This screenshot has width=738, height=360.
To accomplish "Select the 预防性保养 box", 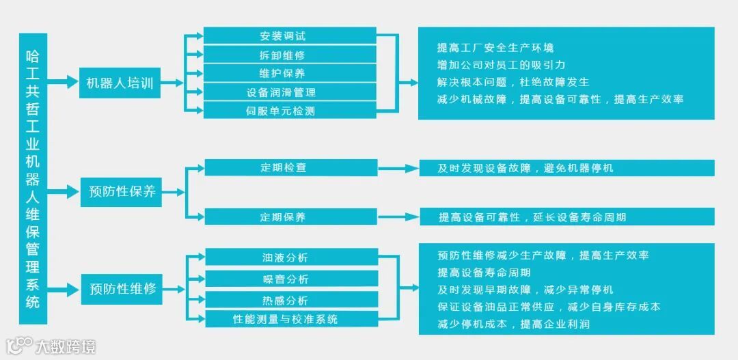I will tap(122, 192).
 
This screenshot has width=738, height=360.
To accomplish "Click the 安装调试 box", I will tap(290, 36).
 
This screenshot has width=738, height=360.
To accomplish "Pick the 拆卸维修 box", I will tap(290, 54).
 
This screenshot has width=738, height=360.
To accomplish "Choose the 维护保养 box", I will tap(290, 73).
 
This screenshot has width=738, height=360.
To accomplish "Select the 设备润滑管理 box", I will tap(290, 92).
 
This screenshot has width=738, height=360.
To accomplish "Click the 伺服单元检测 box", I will tap(290, 110).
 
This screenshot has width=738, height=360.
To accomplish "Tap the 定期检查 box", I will tap(290, 167).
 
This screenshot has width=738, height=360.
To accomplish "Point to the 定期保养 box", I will tap(290, 217).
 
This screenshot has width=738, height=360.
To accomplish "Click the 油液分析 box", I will tap(291, 258).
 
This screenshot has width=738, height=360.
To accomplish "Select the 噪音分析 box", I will tap(291, 279).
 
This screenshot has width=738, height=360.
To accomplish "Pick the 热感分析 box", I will tap(291, 300).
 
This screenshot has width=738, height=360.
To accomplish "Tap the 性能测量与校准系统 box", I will tap(291, 319).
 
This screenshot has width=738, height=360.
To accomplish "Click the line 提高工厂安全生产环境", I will tap(495, 48).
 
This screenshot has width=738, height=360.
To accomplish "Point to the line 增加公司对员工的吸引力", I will tap(501, 65).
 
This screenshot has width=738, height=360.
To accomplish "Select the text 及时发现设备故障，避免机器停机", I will tap(525, 167).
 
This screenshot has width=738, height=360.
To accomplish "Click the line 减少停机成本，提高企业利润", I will tap(513, 324).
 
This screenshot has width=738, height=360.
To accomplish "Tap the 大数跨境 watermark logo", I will tap(51, 346).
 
